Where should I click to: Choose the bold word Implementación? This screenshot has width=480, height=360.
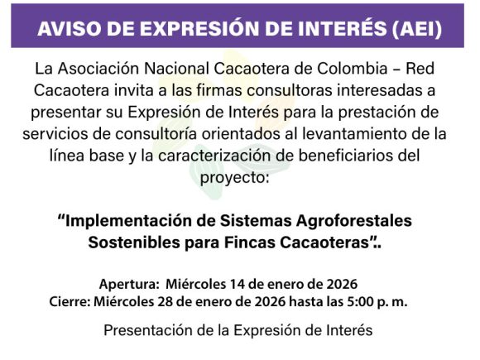[x=127, y=222]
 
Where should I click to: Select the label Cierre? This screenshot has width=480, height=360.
[x=70, y=302]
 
